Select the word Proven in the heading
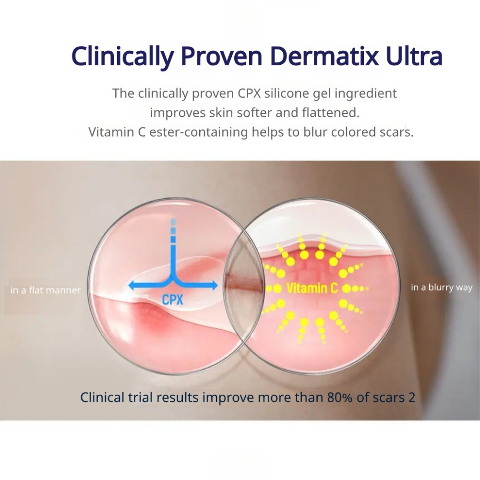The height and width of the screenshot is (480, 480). pyautogui.click(x=221, y=56)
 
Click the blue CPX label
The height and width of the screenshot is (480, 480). pyautogui.click(x=172, y=300)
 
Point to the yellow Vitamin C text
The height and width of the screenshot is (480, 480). pyautogui.click(x=312, y=288)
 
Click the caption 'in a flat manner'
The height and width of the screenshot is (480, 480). pyautogui.click(x=45, y=290)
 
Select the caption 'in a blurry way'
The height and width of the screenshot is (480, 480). pyautogui.click(x=442, y=288)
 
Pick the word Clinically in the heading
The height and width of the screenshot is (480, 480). pyautogui.click(x=122, y=57)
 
